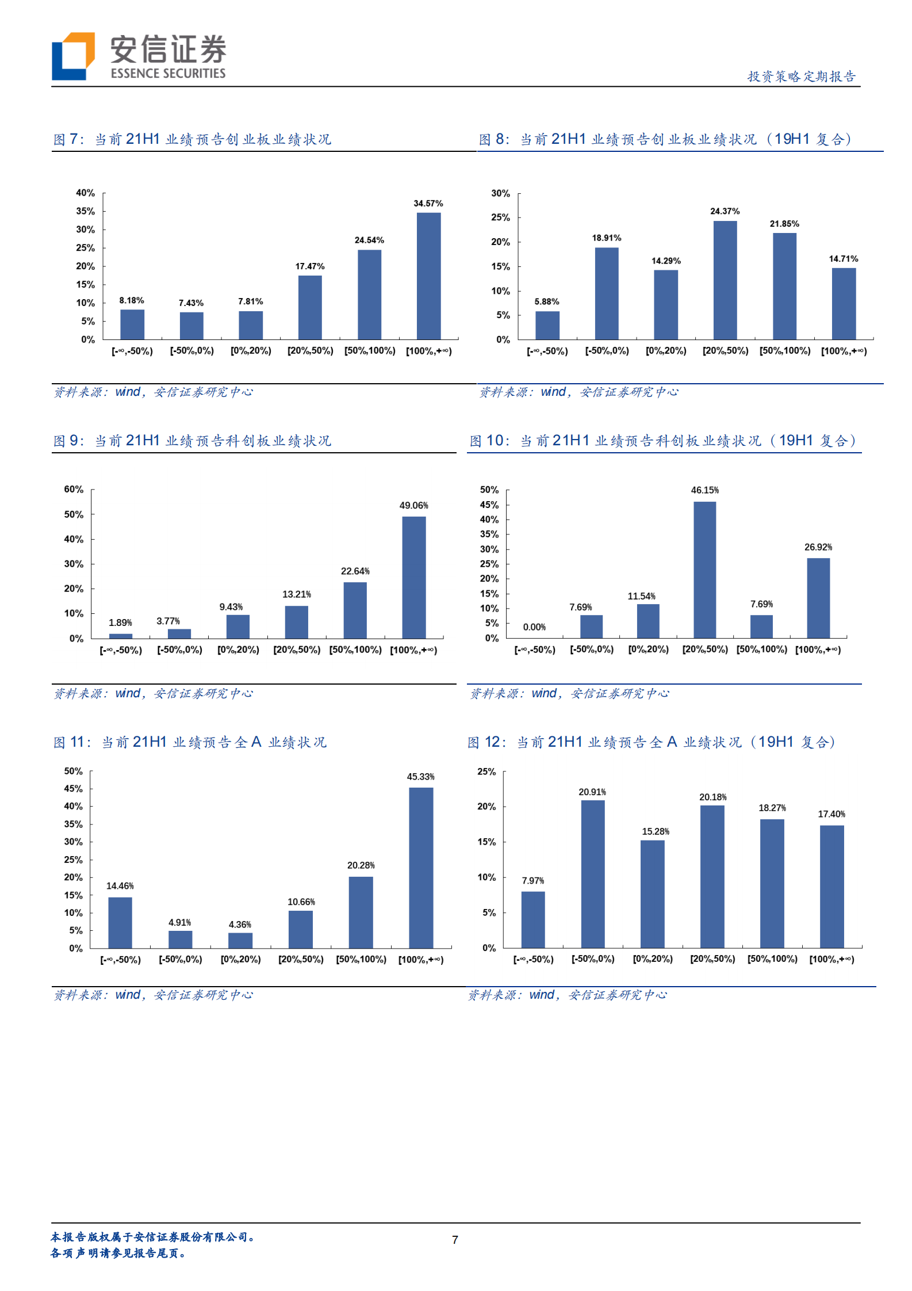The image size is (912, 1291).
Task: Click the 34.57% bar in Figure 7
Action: point(428,276)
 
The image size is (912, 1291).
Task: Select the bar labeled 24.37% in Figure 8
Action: point(725,280)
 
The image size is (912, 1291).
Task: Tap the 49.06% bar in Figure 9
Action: point(413,577)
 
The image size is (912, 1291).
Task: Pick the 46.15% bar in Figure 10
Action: point(704,570)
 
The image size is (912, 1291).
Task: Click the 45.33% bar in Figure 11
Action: point(421,868)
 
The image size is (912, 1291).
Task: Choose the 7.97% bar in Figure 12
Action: point(533,919)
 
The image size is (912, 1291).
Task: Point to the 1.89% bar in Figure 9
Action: point(121,636)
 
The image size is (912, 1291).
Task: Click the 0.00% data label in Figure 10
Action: point(534,627)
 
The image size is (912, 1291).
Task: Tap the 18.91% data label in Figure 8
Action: point(607,238)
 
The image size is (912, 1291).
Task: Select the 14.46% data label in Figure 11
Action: point(120,886)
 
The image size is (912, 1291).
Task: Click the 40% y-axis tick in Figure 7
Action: point(86,193)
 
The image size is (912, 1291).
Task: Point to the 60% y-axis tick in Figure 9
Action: point(74,490)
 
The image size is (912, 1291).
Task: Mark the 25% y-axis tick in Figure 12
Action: point(486,771)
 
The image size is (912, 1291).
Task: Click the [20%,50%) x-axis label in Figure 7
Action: point(310,351)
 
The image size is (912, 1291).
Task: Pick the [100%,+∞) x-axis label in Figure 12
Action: point(831,959)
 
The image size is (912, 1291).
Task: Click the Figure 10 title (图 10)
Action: point(662,441)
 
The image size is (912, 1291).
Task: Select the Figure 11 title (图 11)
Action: point(190,743)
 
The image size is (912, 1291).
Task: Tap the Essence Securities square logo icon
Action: point(73,56)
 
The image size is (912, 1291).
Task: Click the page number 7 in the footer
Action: point(455,1240)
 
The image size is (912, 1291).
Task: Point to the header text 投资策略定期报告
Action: point(801,77)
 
